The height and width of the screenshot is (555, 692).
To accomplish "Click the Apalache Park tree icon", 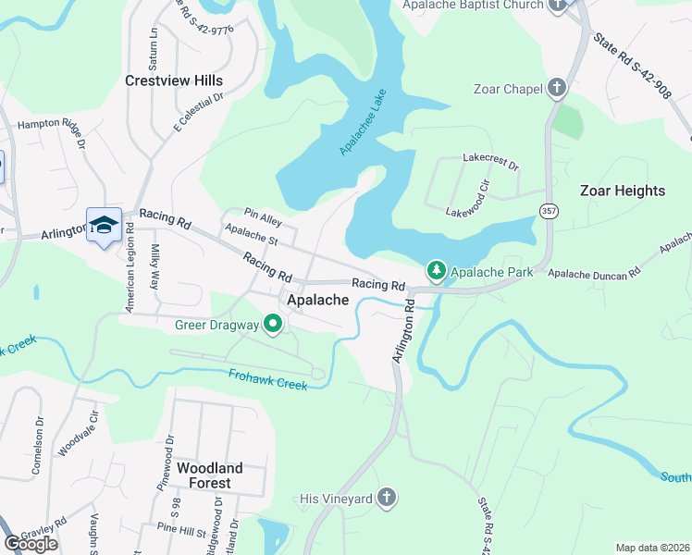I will [x=436, y=271].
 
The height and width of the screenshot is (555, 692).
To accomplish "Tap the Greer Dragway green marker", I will [x=273, y=325].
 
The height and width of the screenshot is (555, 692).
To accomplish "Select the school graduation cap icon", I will [x=104, y=225].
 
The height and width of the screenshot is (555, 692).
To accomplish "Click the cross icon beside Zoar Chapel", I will [x=557, y=89].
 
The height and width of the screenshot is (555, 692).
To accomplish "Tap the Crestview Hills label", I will [x=174, y=80].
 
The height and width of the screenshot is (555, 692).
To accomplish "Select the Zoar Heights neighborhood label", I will [x=622, y=191].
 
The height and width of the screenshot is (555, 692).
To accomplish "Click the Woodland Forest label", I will [x=209, y=475].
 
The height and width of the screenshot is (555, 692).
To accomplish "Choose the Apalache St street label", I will [x=252, y=238].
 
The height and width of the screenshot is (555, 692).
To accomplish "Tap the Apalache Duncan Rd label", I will [x=594, y=274].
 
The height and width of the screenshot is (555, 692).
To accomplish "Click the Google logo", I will [x=31, y=543].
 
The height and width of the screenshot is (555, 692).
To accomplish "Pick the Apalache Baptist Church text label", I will [x=472, y=6].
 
